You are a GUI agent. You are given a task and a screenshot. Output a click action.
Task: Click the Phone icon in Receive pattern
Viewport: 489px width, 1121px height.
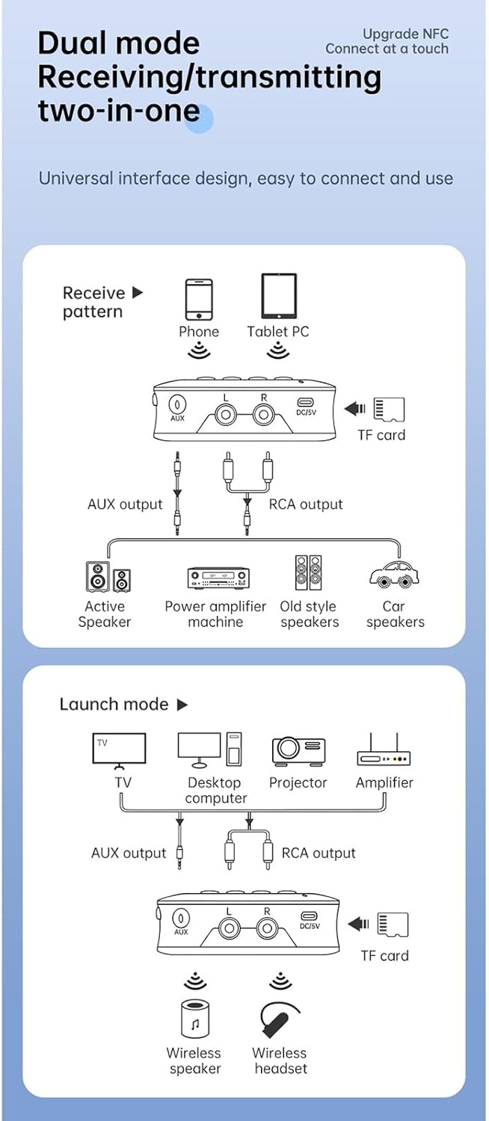coord(199,300)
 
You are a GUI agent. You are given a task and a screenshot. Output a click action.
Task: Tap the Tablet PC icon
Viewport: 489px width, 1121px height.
coord(278,296)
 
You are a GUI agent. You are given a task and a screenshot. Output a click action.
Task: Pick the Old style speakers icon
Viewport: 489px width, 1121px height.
coord(308,573)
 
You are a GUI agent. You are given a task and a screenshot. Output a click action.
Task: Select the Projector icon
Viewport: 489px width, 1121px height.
coord(298,750)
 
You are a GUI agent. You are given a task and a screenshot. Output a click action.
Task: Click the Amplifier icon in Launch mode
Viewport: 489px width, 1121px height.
coord(384,751)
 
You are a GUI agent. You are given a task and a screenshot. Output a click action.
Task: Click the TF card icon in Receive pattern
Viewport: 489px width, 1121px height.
coord(389,409)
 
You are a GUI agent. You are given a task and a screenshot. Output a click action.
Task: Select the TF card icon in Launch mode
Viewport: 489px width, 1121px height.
coord(393,924)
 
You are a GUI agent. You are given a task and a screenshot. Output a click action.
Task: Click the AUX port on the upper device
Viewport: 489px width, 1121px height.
coord(177,404)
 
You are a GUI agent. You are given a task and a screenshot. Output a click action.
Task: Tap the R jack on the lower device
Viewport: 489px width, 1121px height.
coord(267,929)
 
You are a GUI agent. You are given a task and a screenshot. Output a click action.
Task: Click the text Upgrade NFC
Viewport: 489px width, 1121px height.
coord(405,34)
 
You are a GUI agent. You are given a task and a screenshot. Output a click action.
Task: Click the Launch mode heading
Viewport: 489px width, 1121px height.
coord(114,704)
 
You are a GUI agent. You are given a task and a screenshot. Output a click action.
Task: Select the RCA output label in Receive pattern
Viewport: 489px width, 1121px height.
coord(305,504)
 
